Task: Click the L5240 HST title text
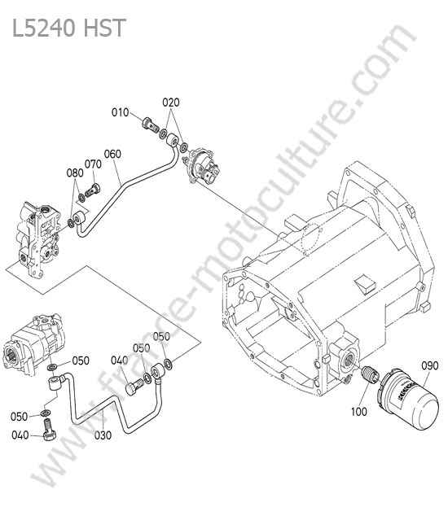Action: pos(69,28)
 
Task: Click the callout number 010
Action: pos(121,112)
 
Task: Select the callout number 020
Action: pos(171,103)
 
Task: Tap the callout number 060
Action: pos(112,154)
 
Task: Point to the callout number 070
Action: pos(93,164)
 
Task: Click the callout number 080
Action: pos(75,173)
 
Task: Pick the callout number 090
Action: pos(430,365)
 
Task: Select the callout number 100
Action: pos(359,411)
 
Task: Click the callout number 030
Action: pos(103,435)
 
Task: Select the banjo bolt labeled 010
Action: pos(150,125)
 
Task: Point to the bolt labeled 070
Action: pos(93,190)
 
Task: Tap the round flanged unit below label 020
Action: pos(202,166)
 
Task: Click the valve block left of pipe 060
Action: pos(38,239)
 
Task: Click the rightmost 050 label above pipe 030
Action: pos(161,337)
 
